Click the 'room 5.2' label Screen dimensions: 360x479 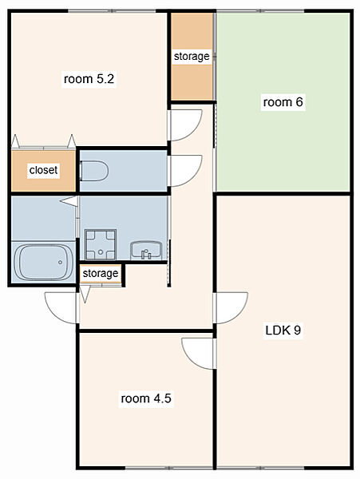point(89,79)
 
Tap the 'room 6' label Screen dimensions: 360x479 point(283,101)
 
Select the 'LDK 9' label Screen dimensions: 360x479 point(283,330)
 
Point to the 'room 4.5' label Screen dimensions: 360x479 point(146,398)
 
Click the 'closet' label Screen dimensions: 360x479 point(43,170)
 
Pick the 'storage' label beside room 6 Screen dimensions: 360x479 point(192,56)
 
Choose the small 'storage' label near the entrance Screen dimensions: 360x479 point(100,273)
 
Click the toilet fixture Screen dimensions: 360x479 point(93,171)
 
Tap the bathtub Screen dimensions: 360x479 point(44,262)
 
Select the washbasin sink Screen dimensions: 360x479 point(146,251)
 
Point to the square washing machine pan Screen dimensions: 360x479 point(100,244)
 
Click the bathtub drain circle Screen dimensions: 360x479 point(60,262)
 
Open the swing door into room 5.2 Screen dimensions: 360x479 point(184,125)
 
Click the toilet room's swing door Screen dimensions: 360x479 point(184,171)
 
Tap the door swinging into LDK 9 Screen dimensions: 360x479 point(231,308)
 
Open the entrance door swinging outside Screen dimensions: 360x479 point(62,308)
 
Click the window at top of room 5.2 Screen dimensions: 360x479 point(112,11)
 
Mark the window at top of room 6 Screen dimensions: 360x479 point(260,11)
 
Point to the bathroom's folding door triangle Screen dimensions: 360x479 point(69,200)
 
